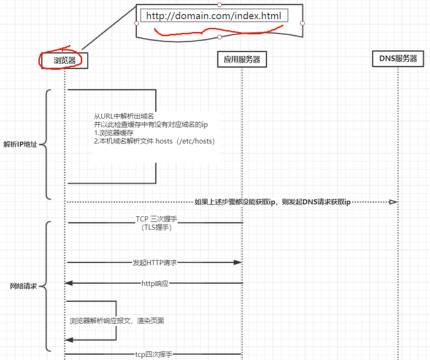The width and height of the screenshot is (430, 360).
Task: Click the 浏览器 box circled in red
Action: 64,60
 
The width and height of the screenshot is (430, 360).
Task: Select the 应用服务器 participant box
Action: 242,59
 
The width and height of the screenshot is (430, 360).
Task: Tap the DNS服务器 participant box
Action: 397,58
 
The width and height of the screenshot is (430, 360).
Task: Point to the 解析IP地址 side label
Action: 20,145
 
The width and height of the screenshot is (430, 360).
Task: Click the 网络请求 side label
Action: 23,286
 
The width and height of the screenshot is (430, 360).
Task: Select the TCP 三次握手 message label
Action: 155,219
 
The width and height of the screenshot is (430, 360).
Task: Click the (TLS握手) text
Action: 155,227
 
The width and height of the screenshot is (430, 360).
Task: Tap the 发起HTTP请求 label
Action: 155,262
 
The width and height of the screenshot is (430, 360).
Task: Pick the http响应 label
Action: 155,283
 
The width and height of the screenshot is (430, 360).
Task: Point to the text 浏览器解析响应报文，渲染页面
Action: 117,321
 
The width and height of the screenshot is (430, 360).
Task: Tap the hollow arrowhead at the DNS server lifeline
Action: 393,202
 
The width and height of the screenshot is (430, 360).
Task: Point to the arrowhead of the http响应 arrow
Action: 69,283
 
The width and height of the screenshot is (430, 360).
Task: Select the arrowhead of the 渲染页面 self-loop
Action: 69,340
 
